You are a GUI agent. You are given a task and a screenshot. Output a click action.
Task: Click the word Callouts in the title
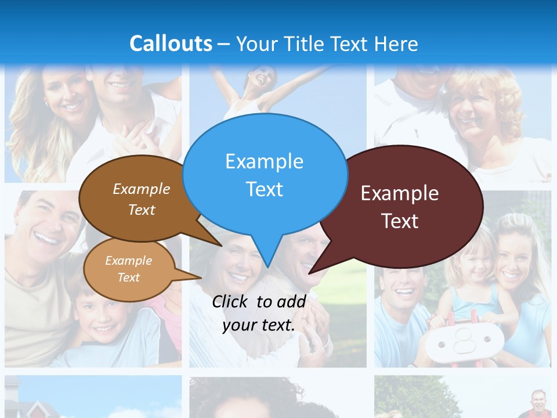click(171, 44)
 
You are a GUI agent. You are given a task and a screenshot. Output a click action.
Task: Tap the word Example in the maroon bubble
click(400, 193)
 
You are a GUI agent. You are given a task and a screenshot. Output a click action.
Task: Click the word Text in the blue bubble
click(265, 189)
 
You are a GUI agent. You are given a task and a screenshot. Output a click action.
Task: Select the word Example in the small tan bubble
click(128, 261)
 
